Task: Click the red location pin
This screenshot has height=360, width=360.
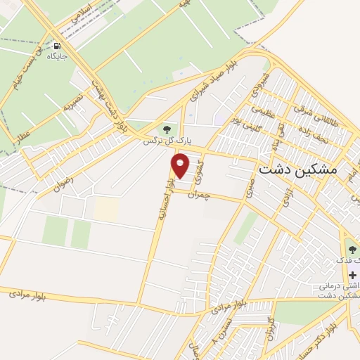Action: coord(181,166)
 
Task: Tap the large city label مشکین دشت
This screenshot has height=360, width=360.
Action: coord(298,169)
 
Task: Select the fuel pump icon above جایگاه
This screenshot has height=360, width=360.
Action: coord(57,46)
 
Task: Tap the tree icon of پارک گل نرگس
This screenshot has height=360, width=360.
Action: coord(167,129)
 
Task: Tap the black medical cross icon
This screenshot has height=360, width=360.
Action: coord(352,274)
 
